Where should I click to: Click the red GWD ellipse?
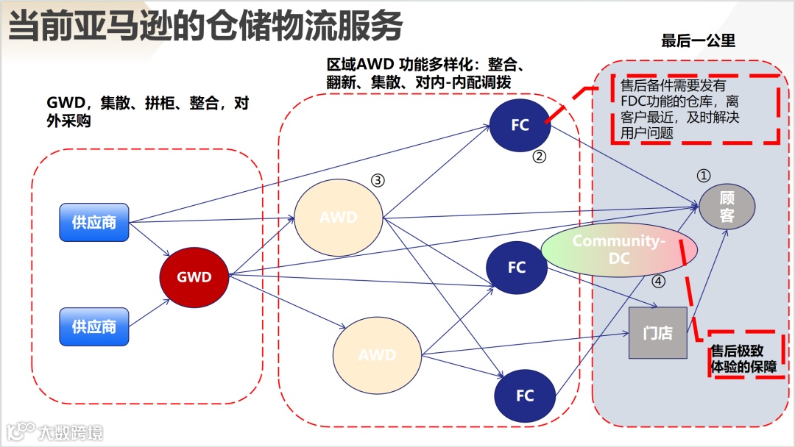[x=194, y=277]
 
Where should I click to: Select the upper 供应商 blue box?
[x=94, y=222]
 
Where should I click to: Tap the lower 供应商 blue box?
[x=94, y=326]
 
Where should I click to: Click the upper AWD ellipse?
[x=339, y=218]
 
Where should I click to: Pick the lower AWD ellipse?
[x=377, y=355]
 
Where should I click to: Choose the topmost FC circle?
[x=520, y=125]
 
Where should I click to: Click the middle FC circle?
[x=517, y=268]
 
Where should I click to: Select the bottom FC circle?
[x=524, y=396]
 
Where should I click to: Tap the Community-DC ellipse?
[x=618, y=249]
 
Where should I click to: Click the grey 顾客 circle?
[x=727, y=207]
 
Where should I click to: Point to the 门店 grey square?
[x=657, y=333]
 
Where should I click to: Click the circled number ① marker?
[x=704, y=176]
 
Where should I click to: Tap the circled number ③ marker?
[x=378, y=179]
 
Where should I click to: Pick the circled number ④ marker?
[x=658, y=280]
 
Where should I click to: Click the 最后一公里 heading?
[x=698, y=40]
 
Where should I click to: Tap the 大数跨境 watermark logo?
[x=54, y=431]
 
